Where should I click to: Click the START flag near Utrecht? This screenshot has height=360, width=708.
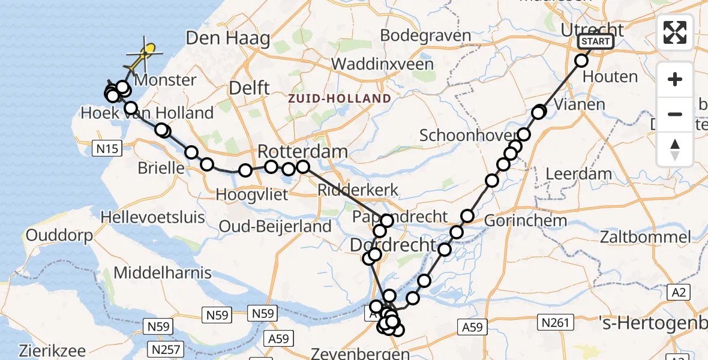595,41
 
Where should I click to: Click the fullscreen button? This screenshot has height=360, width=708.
675,32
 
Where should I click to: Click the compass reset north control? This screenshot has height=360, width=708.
675,149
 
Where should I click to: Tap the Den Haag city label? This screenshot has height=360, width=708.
227,38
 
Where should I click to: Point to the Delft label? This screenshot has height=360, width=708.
250,88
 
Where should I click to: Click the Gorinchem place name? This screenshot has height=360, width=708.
524,220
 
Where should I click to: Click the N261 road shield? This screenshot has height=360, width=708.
555,323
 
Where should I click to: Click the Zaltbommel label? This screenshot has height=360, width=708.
646,237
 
